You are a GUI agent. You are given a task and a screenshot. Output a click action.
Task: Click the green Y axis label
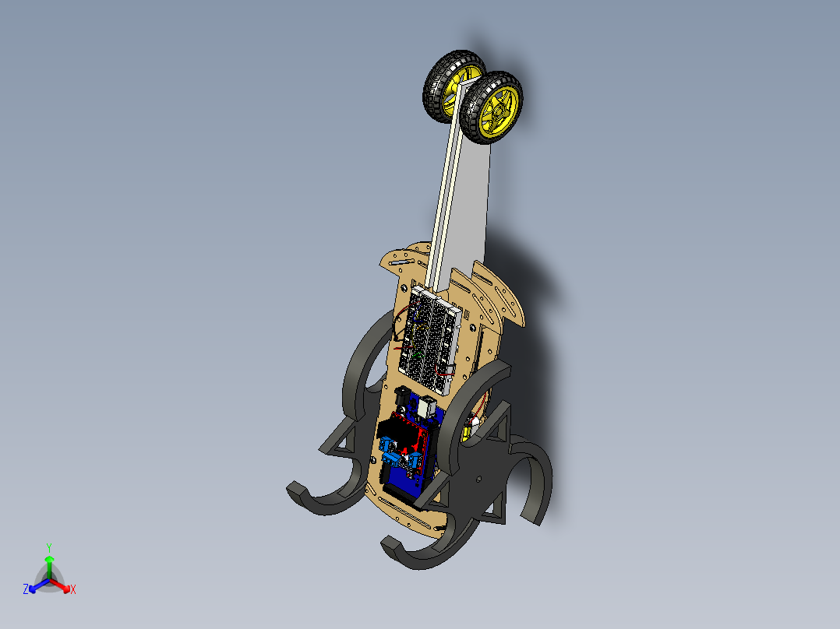(x=49, y=546)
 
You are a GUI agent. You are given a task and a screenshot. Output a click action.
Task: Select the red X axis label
(x=73, y=590)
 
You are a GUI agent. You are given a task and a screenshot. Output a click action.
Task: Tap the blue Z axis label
(x=26, y=590)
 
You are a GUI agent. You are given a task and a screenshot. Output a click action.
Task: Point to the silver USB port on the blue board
(x=428, y=407)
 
